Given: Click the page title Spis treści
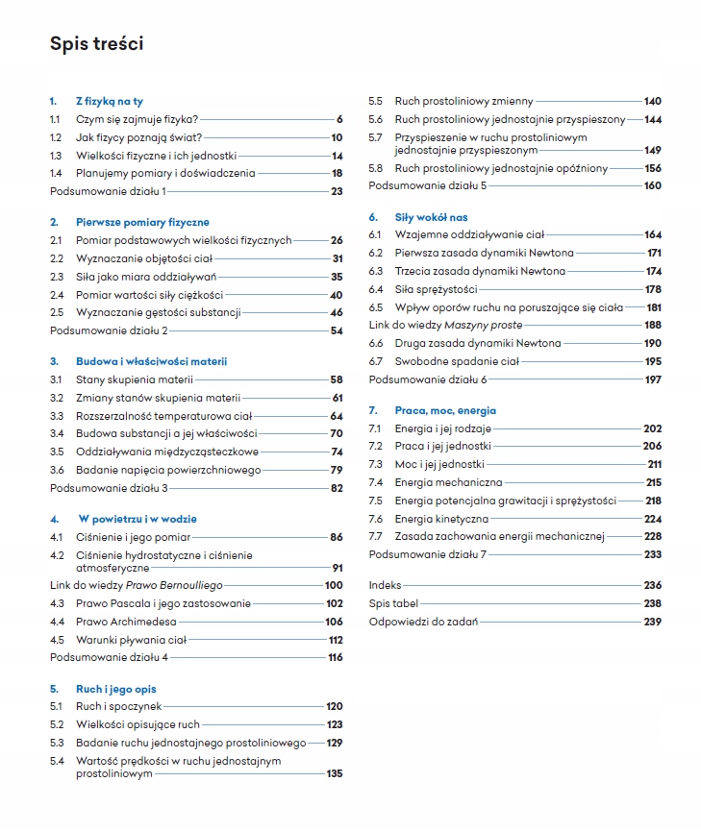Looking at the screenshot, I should pos(97,44).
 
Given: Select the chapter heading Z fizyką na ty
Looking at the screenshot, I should pos(110,101).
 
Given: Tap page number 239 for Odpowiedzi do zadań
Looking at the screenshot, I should pos(652,622).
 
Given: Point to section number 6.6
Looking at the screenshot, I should pos(376,343).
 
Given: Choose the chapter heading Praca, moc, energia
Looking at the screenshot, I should pos(445,410).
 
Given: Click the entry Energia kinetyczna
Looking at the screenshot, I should pos(441,519).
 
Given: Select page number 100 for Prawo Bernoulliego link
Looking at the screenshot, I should pos(333,585).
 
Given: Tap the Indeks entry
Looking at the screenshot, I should pos(385,585).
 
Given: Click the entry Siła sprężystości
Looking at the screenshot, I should pos(436,289).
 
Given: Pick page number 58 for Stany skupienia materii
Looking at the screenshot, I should pos(336,379).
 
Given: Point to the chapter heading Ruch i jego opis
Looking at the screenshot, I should pos(115,689).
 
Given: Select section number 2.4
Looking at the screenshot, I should pos(57,295).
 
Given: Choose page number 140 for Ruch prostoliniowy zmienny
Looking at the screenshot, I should pos(652,101).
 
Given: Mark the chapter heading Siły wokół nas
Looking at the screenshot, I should pos(431,217).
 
